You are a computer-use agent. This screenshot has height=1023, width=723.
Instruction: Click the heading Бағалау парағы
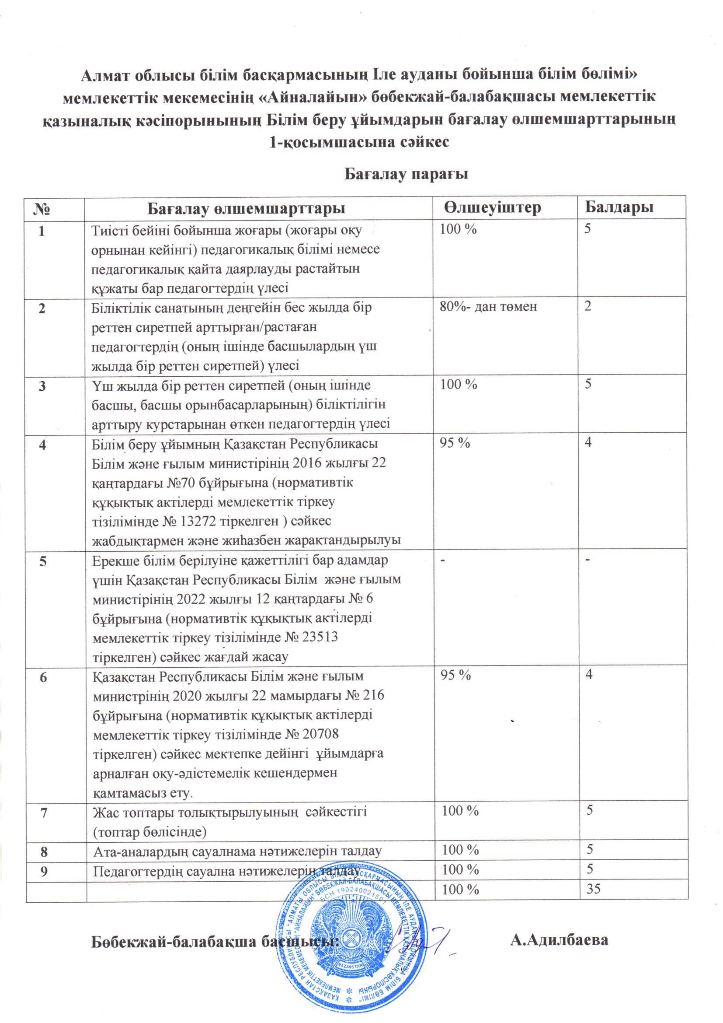point(406,174)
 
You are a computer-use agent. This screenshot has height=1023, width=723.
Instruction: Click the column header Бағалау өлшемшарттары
point(246,208)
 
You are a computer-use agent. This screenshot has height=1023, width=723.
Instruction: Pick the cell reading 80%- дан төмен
point(488,307)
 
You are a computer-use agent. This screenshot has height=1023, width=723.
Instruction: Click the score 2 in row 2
point(587,306)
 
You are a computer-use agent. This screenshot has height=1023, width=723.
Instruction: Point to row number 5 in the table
point(43,561)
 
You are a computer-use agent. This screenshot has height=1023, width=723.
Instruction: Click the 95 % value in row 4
point(455,443)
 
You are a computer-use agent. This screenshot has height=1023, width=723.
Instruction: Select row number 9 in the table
point(44,871)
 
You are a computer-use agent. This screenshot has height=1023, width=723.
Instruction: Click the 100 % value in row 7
point(460,810)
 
